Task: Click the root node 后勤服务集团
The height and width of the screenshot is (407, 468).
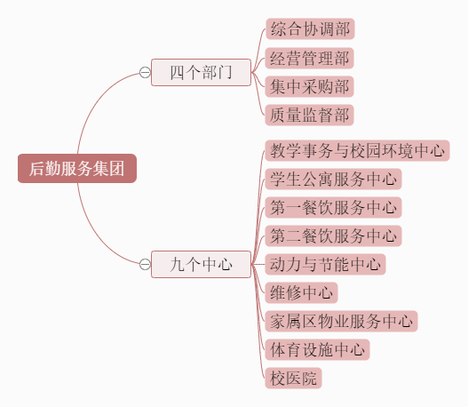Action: (x=77, y=169)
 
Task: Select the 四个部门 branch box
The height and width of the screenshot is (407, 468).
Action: (x=201, y=73)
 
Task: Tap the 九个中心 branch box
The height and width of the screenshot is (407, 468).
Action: (x=201, y=265)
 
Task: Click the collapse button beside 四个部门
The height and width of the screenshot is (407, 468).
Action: (x=145, y=73)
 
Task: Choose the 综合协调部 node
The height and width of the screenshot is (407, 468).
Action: (x=310, y=29)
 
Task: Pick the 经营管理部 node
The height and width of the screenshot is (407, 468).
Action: (x=310, y=58)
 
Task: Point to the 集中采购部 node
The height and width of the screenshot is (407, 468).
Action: (x=310, y=86)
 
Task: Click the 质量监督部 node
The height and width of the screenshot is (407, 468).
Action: (x=310, y=115)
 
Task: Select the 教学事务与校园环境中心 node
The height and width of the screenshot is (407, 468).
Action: (x=357, y=150)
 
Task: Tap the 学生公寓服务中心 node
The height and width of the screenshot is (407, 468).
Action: (x=333, y=180)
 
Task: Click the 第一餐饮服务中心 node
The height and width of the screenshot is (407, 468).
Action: (x=333, y=208)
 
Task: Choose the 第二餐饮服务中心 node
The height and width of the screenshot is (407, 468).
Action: (x=333, y=236)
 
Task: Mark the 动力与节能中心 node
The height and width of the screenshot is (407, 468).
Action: (x=325, y=265)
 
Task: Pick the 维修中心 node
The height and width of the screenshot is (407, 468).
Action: (x=301, y=293)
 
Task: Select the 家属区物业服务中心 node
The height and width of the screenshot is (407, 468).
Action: (x=341, y=322)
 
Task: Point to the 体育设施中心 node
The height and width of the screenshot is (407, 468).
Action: (x=318, y=349)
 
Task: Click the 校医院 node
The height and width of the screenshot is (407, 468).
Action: (x=293, y=379)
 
